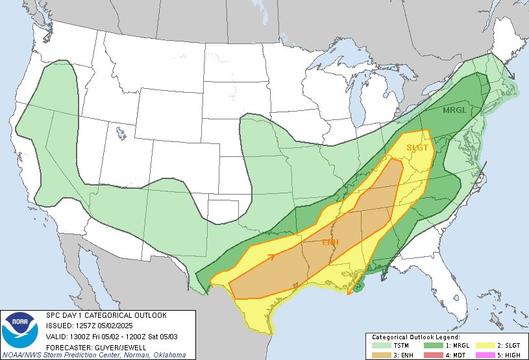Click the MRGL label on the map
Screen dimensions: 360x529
coord(454,110)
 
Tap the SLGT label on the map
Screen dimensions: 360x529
coord(417,147)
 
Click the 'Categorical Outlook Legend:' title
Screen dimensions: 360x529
coord(415,337)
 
